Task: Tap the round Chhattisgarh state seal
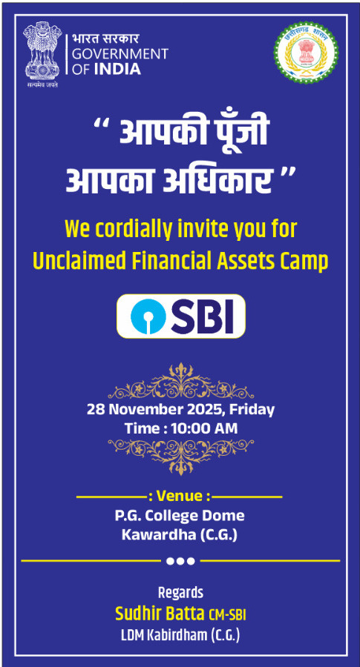[x=306, y=53]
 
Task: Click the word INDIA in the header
[x=117, y=69]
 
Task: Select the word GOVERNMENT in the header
[x=120, y=54]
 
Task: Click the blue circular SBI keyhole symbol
[x=147, y=316]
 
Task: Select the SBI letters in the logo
[x=203, y=316]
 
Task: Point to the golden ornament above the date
[x=180, y=381]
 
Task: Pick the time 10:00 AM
[x=204, y=428]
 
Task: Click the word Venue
[x=179, y=496]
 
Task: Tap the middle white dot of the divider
[x=180, y=561]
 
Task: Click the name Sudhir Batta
[x=160, y=614]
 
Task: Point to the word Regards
[x=180, y=593]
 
